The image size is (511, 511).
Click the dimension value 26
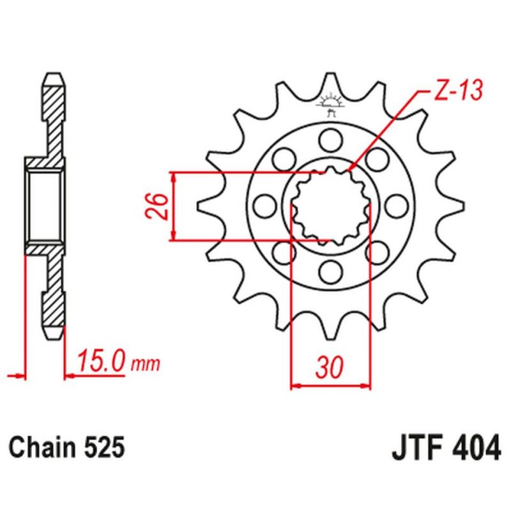coord(160,206)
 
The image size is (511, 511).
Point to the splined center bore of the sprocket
coord(330,205)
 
